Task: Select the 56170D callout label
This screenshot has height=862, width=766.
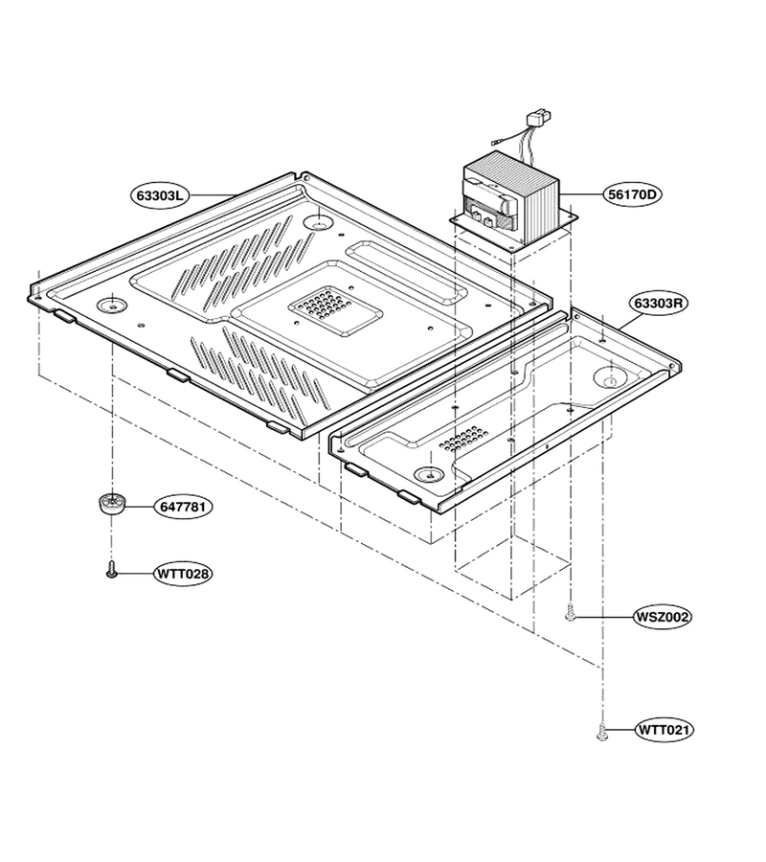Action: (633, 194)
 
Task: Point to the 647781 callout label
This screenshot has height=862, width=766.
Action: (183, 507)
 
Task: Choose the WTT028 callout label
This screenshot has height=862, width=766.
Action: (183, 574)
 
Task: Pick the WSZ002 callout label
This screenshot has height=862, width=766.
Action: (662, 617)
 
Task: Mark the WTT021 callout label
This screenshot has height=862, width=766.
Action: (664, 730)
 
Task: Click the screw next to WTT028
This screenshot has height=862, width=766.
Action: (111, 570)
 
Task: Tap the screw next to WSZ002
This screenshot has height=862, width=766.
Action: (571, 612)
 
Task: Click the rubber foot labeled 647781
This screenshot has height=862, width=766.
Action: (111, 503)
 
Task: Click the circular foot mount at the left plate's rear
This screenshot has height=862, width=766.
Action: (319, 222)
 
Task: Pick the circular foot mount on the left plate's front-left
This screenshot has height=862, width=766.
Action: (111, 305)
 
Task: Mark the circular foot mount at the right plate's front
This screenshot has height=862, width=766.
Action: (430, 474)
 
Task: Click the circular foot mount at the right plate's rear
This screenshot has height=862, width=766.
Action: (609, 377)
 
